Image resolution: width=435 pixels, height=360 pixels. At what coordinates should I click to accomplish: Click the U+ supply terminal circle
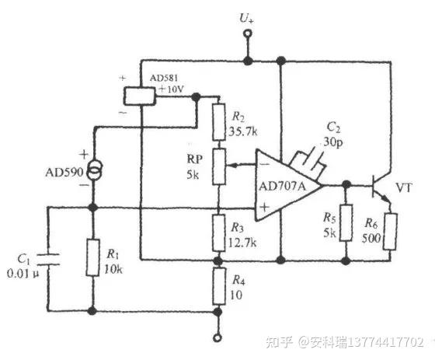(x=248, y=34)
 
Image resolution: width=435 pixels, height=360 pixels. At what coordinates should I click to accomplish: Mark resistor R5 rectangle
(x=347, y=223)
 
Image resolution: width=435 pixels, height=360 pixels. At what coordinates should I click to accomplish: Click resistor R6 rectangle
(x=391, y=230)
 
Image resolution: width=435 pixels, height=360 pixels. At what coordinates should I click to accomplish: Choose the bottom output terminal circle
(x=218, y=338)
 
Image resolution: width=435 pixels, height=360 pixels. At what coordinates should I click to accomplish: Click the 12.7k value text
(x=244, y=242)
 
